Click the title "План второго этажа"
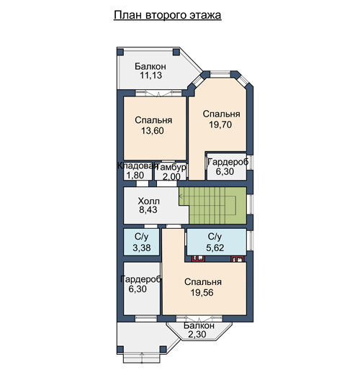pyautogui.click(x=167, y=15)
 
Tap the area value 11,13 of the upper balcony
pyautogui.click(x=151, y=75)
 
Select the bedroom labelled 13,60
pyautogui.click(x=155, y=128)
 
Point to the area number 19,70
pyautogui.click(x=220, y=124)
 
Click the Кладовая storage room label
pyautogui.click(x=138, y=165)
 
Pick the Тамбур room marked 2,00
pyautogui.click(x=171, y=172)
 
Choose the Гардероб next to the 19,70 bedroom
pyautogui.click(x=227, y=166)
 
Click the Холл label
pyautogui.click(x=148, y=201)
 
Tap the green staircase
pyautogui.click(x=213, y=206)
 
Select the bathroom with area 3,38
pyautogui.click(x=141, y=242)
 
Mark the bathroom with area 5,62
pyautogui.click(x=217, y=242)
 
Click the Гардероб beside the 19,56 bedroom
pyautogui.click(x=142, y=289)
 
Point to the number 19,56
pyautogui.click(x=202, y=292)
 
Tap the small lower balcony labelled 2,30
pyautogui.click(x=199, y=331)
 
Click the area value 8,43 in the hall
pyautogui.click(x=148, y=209)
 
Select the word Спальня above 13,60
pyautogui.click(x=153, y=120)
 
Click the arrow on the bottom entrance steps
pyautogui.click(x=142, y=358)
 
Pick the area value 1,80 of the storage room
pyautogui.click(x=135, y=176)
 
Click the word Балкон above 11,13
pyautogui.click(x=150, y=66)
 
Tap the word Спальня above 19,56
pyautogui.click(x=203, y=282)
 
